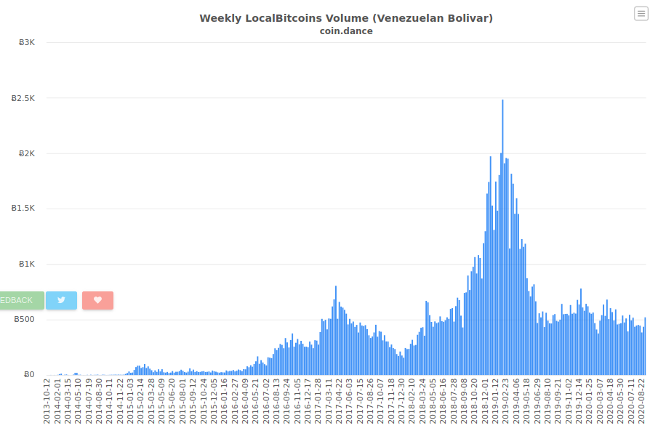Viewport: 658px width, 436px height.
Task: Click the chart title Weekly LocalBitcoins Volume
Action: [285, 18]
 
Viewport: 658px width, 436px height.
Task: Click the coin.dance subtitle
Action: [346, 31]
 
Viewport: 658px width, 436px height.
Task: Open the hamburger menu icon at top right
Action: [641, 14]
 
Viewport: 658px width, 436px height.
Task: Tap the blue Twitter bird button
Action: [61, 300]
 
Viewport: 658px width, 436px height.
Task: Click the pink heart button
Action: [97, 300]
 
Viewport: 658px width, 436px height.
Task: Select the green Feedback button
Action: [21, 300]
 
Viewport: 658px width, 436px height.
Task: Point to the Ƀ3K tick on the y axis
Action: [27, 42]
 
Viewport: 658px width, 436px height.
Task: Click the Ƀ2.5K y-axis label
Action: [23, 98]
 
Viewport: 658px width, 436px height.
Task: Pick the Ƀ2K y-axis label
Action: [27, 153]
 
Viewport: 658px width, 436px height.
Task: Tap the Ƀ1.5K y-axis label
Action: [23, 209]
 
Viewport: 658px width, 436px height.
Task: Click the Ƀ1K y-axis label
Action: [27, 264]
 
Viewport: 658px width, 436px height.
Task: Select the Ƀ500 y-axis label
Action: [24, 320]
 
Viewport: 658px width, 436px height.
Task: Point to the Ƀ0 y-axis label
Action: [29, 374]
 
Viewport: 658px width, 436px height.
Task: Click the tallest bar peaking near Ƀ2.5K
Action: [502, 238]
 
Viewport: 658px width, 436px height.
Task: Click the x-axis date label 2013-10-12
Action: [47, 401]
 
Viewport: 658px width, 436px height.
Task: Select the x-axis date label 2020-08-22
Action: [641, 401]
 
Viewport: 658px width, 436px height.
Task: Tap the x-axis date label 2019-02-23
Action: [505, 401]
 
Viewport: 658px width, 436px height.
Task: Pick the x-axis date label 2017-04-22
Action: [339, 401]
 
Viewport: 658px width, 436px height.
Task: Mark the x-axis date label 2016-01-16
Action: [224, 401]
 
